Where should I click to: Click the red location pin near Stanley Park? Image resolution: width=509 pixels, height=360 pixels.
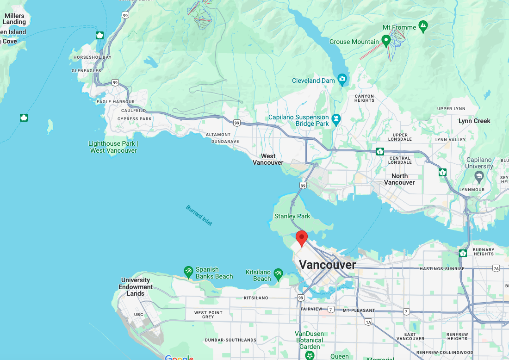tap(302, 238)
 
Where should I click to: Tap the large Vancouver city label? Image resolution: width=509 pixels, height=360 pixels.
tap(328, 265)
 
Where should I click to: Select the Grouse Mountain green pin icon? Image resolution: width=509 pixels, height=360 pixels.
tap(386, 41)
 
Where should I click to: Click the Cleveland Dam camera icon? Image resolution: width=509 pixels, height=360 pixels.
tap(342, 80)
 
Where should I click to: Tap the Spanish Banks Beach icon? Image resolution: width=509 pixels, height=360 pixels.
tap(188, 271)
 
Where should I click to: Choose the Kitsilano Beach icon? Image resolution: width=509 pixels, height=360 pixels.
tap(278, 274)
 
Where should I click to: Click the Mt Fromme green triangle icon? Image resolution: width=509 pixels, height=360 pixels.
tap(423, 27)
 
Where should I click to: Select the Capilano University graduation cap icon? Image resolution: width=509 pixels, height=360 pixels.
tap(479, 176)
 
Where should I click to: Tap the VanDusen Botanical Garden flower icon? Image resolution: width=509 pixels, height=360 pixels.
tap(310, 355)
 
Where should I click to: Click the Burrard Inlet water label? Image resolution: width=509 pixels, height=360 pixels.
tap(199, 215)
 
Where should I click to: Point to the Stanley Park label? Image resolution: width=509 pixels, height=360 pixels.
tap(292, 216)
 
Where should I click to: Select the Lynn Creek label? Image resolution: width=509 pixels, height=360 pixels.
tap(474, 121)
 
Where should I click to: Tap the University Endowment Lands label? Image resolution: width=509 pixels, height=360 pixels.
tap(136, 286)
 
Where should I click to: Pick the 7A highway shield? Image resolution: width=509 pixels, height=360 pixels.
tap(496, 268)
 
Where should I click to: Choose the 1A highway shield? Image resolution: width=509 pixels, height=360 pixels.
tap(368, 322)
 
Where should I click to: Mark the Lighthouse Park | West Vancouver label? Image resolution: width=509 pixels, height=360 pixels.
tap(113, 147)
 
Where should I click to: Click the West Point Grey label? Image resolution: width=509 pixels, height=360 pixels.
tap(208, 315)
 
